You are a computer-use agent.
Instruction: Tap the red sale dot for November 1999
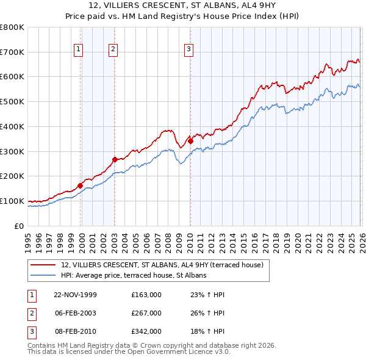click(x=80, y=185)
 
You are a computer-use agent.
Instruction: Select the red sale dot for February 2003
click(x=114, y=160)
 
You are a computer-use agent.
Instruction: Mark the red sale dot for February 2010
click(x=190, y=141)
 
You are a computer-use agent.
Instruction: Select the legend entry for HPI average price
click(x=134, y=276)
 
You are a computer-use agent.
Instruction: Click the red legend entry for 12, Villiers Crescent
click(x=162, y=265)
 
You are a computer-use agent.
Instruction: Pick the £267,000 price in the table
click(x=146, y=312)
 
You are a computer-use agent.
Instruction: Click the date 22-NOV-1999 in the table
click(x=75, y=295)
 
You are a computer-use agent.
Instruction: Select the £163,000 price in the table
click(x=146, y=295)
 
